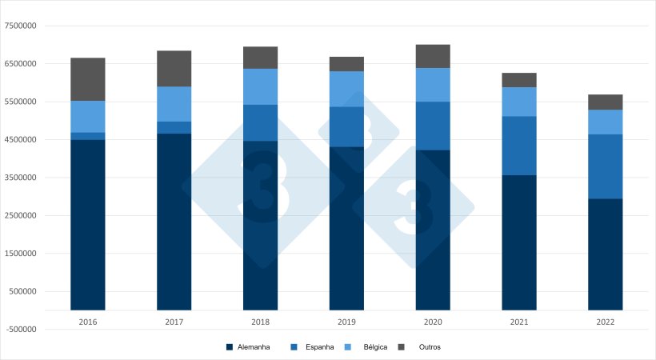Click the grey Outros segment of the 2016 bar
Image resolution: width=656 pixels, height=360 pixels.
click(x=88, y=79)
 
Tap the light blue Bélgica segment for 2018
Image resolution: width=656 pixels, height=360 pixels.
click(x=261, y=86)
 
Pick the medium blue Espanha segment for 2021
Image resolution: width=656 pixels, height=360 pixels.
click(x=519, y=146)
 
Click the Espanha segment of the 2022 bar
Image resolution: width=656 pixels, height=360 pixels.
click(x=605, y=166)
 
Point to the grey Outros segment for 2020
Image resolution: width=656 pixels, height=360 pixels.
click(x=433, y=56)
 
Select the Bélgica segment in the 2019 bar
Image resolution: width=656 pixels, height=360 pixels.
click(x=346, y=89)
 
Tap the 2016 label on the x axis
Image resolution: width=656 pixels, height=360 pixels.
click(x=88, y=321)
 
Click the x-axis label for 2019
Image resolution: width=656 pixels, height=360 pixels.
click(x=346, y=321)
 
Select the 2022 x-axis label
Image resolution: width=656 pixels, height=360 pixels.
click(x=605, y=321)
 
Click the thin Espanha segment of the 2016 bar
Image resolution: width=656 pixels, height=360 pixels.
click(x=88, y=136)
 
